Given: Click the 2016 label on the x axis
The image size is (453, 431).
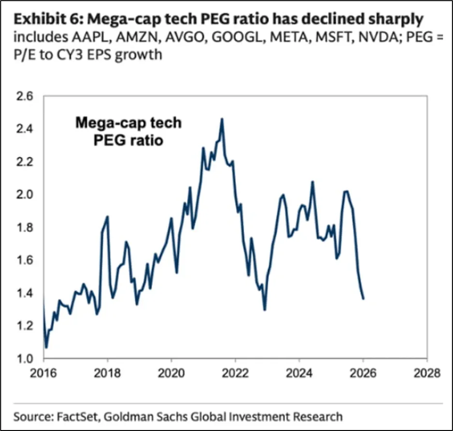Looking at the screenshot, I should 43,374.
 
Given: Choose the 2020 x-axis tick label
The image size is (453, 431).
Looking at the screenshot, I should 171,374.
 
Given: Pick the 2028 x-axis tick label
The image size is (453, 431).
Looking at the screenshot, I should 427,374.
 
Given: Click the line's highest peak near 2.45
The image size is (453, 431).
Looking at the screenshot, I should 222,119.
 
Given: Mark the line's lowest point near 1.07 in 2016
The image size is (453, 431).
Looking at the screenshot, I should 46,347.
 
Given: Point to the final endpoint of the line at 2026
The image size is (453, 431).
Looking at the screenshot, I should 363,299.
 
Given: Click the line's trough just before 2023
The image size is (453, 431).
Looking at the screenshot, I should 265,310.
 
